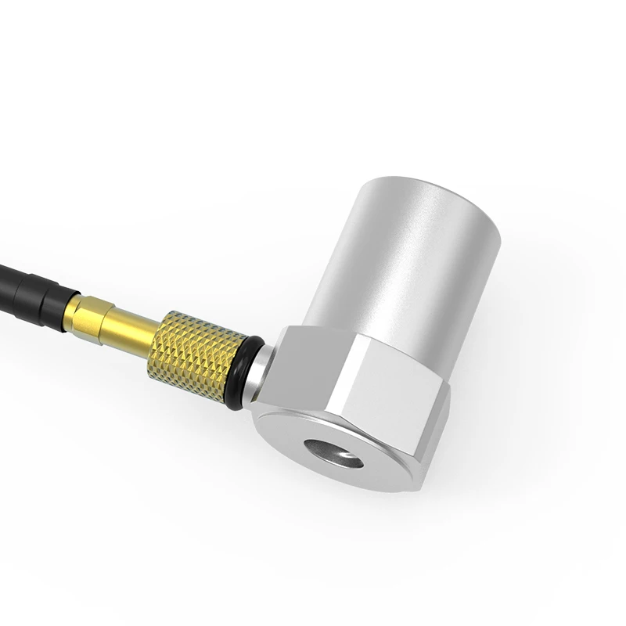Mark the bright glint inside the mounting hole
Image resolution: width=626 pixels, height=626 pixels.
pyautogui.click(x=344, y=456)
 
